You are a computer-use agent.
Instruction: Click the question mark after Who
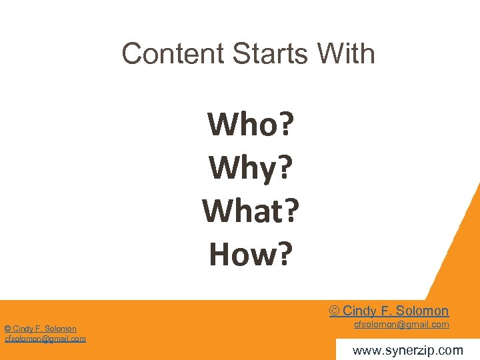tap(288, 124)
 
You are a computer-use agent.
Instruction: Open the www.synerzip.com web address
tap(407, 350)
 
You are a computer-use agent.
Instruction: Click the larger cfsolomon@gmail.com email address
tap(401, 325)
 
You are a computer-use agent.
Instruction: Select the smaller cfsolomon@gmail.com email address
tap(45, 339)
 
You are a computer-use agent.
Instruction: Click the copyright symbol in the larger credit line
tap(334, 311)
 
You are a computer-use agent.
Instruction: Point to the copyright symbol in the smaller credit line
tap(7, 329)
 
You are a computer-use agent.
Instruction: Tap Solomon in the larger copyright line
tap(422, 311)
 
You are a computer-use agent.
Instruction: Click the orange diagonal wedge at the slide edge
tap(459, 253)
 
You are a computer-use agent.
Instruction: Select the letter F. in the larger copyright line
tap(385, 311)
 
